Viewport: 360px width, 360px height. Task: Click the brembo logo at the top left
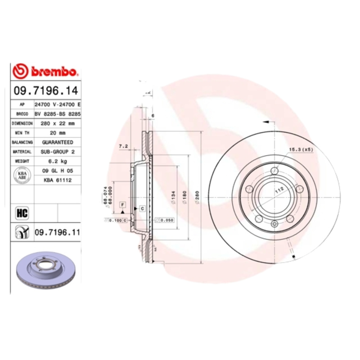pyautogui.click(x=45, y=72)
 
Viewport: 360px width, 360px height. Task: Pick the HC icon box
pyautogui.click(x=22, y=212)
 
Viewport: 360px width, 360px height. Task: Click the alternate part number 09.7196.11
pyautogui.click(x=57, y=232)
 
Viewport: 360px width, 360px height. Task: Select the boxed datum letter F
pyautogui.click(x=122, y=205)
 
